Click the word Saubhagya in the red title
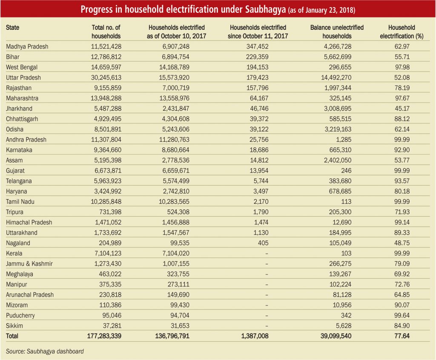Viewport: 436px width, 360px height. point(265,10)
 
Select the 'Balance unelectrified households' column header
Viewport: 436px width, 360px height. point(337,31)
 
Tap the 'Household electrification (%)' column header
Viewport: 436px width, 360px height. point(402,31)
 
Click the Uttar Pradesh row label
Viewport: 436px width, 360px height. point(23,77)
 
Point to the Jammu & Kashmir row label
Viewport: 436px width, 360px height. point(29,263)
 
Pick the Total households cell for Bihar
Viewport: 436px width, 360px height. point(106,57)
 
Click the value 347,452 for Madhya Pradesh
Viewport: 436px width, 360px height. point(257,46)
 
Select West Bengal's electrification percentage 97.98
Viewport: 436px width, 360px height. point(402,67)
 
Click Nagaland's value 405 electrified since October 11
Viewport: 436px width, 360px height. point(263,243)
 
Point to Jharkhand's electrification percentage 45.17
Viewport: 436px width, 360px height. point(402,109)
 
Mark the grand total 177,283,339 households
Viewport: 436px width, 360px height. point(104,336)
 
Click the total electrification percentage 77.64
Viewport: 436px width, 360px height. point(402,336)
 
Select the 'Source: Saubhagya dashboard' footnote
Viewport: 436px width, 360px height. point(45,351)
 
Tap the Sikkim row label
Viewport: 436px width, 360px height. point(14,326)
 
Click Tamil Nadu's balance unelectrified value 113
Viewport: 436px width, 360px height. point(346,202)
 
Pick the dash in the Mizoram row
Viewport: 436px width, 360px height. point(267,305)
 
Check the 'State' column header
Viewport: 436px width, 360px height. point(12,28)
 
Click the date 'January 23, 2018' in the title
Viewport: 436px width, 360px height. point(330,10)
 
